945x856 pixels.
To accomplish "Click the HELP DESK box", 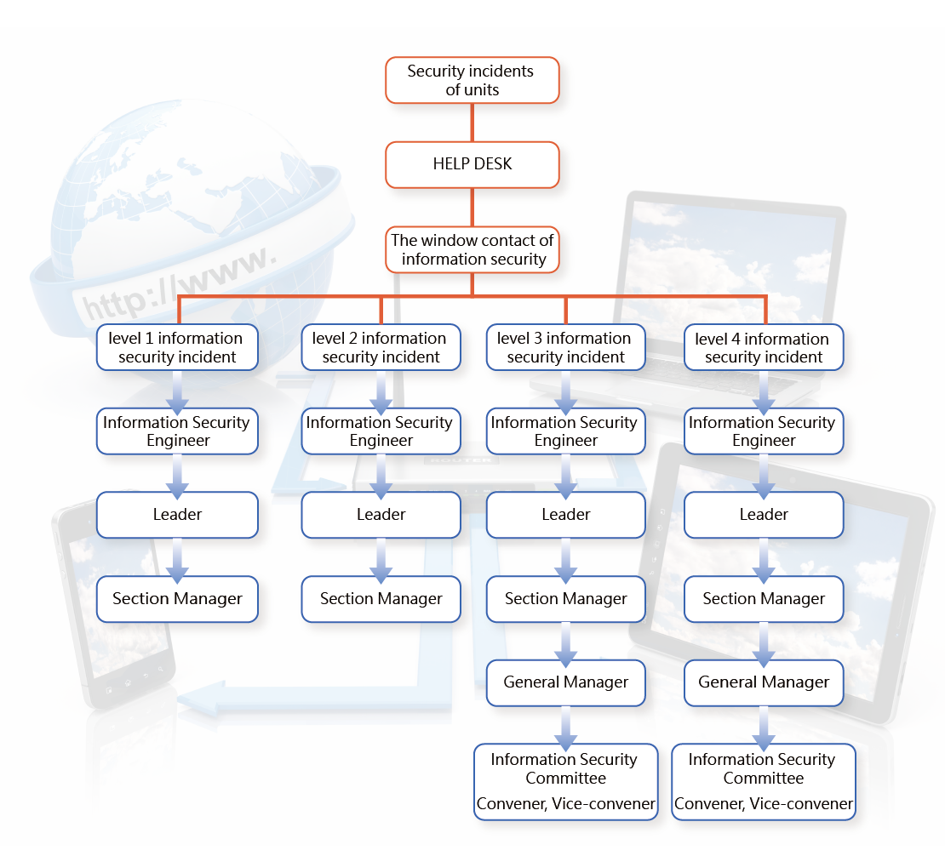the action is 472,164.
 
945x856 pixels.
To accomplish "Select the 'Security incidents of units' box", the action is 472,80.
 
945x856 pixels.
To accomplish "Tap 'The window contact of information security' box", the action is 472,249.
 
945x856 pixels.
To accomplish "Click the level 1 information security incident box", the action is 177,347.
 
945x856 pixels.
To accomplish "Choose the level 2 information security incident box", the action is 381,347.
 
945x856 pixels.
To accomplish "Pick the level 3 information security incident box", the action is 566,347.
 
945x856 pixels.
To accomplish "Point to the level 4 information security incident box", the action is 764,347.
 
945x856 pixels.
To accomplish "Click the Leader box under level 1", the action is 177,515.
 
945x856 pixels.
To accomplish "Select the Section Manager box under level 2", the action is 381,599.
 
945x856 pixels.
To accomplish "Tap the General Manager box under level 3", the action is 566,683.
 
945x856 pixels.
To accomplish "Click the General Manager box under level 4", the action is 764,683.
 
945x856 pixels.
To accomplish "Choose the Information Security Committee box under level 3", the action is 566,782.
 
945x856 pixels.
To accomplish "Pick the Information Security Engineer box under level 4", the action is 764,431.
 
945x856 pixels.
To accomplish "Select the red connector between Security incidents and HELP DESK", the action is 472,123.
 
